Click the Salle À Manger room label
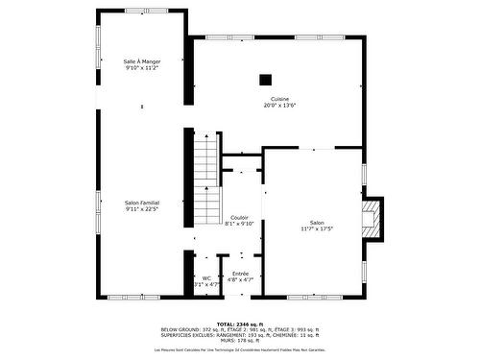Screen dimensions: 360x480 (x=141, y=61)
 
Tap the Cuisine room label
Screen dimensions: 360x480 (x=279, y=99)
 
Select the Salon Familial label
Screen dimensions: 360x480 (x=141, y=203)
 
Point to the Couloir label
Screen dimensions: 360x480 (x=239, y=217)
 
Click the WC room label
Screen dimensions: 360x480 (x=205, y=278)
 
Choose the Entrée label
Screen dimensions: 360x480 (x=240, y=273)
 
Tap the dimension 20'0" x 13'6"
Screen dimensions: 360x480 (x=279, y=106)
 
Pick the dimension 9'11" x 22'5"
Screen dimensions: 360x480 (x=141, y=209)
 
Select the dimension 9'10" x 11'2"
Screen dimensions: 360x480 (x=141, y=68)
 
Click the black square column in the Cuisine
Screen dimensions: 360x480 (x=266, y=80)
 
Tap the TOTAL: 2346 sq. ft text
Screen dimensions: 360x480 (x=239, y=324)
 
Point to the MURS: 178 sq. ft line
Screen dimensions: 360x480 (x=239, y=339)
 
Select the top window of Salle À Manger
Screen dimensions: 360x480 (x=141, y=12)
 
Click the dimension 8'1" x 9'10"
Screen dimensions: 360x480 (x=239, y=224)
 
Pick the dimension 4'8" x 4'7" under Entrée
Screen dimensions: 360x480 (x=240, y=279)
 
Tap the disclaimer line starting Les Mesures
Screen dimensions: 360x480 (x=239, y=349)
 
